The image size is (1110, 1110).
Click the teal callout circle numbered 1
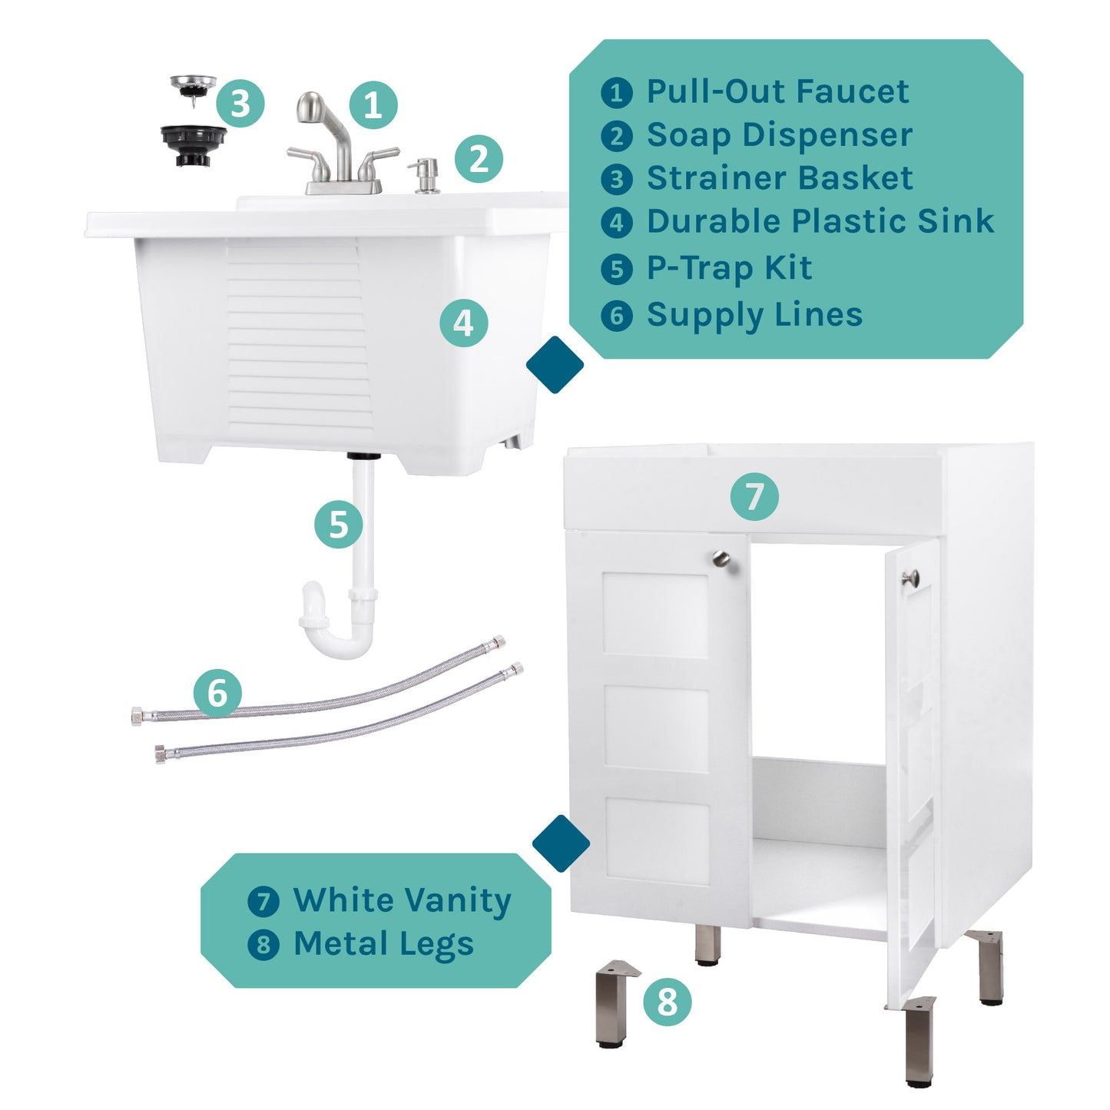(x=373, y=105)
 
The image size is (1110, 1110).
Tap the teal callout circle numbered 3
(x=240, y=103)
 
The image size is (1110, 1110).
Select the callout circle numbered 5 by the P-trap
(x=339, y=525)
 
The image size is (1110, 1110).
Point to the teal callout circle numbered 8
(x=667, y=1002)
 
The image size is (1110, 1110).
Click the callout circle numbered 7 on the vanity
(x=754, y=496)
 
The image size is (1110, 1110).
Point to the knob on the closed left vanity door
(x=721, y=558)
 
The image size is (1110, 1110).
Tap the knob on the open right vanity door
(x=911, y=578)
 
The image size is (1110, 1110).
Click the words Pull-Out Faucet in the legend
(x=777, y=91)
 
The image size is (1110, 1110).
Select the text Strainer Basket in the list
(x=780, y=178)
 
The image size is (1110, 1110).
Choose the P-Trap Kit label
(x=729, y=268)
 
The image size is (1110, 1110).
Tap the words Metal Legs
(x=383, y=944)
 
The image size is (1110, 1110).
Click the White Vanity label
(x=402, y=900)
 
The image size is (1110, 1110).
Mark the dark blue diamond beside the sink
(x=555, y=364)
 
